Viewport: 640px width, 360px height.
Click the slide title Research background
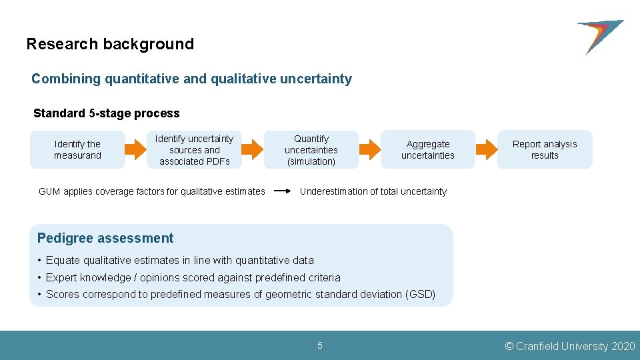tap(110, 45)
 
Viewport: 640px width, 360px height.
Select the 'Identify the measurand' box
tap(77, 150)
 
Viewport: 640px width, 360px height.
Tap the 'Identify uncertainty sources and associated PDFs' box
tap(194, 150)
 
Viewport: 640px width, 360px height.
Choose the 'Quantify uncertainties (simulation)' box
tap(311, 150)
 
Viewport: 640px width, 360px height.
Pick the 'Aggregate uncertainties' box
tap(427, 150)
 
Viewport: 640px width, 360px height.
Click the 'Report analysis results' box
tap(544, 150)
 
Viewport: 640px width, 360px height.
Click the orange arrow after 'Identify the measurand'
tap(136, 150)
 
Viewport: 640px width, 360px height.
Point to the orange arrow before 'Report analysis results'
tap(486, 150)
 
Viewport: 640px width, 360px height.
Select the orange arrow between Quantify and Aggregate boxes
tap(369, 150)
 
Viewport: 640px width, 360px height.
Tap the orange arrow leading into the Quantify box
tap(253, 150)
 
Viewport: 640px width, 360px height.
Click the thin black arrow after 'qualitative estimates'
tap(282, 192)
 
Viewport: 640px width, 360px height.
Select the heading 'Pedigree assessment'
tap(105, 239)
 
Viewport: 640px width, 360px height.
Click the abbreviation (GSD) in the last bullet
tap(420, 295)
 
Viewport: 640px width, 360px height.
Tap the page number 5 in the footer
tap(320, 346)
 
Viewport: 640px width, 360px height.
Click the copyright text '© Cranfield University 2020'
tap(570, 346)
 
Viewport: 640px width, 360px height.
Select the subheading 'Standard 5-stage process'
tap(107, 113)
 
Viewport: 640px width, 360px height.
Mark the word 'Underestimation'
tap(333, 192)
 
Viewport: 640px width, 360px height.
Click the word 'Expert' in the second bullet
tap(59, 277)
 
